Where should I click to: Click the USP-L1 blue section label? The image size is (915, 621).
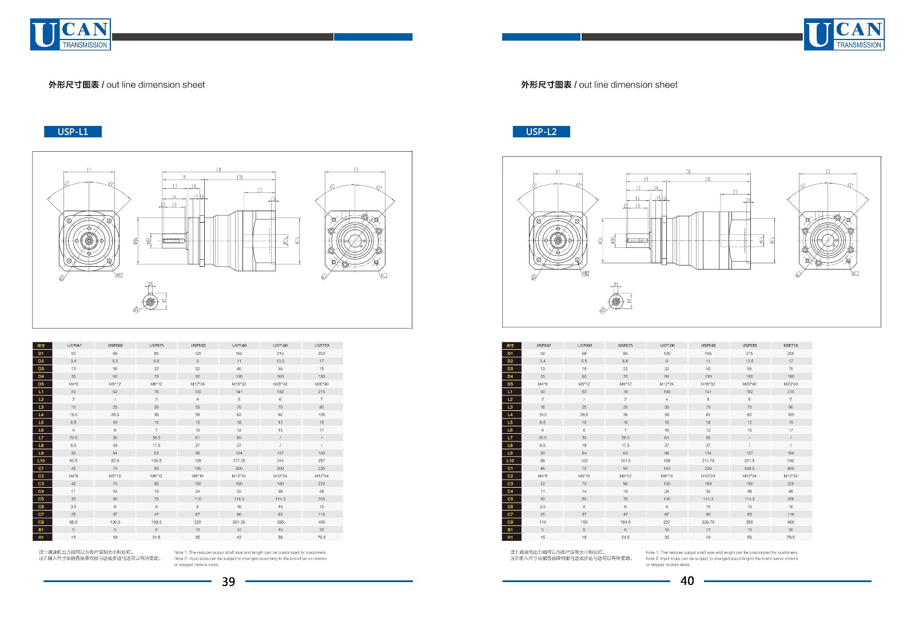click(73, 132)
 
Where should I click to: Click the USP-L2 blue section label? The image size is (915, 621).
click(541, 132)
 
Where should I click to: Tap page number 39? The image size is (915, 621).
click(228, 582)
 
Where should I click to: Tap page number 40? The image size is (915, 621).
click(687, 581)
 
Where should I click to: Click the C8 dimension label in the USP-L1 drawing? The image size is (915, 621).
click(219, 169)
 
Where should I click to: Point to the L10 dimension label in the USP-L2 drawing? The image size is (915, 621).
click(708, 179)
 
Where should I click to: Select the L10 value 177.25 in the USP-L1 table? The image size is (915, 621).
click(239, 461)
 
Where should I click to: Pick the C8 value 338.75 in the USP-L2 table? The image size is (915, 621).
click(708, 522)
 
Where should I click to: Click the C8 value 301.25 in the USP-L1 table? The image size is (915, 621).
click(239, 522)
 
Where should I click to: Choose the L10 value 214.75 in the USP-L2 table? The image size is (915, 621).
click(708, 461)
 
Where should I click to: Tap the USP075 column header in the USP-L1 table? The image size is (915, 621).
click(156, 346)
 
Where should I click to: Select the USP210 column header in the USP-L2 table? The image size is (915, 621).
click(790, 346)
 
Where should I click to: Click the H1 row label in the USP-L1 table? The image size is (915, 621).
click(41, 537)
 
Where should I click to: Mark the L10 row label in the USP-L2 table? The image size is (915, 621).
click(510, 461)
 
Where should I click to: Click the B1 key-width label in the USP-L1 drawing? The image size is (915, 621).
click(150, 284)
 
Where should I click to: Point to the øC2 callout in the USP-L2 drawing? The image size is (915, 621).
click(855, 274)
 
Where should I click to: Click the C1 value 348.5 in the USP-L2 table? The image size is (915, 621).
click(749, 468)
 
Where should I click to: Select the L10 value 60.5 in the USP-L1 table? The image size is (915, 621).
click(73, 461)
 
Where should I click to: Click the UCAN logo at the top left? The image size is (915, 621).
click(70, 34)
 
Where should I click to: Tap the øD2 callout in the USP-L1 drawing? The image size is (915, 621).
click(119, 275)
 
